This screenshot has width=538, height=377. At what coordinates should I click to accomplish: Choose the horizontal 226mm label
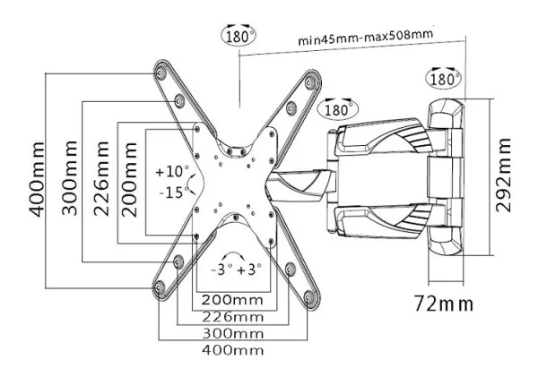point(231,315)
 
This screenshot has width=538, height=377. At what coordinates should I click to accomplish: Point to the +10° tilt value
point(171,171)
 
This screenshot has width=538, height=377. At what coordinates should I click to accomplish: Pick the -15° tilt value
point(172,192)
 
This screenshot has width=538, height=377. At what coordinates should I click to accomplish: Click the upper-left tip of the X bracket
point(161,67)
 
